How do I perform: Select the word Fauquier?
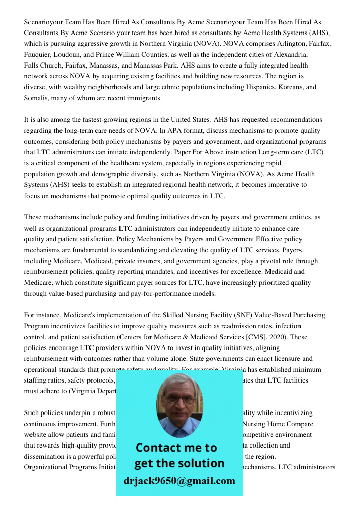[x=38, y=54]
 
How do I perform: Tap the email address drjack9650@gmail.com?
[x=179, y=481]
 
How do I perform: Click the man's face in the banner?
[x=179, y=401]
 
